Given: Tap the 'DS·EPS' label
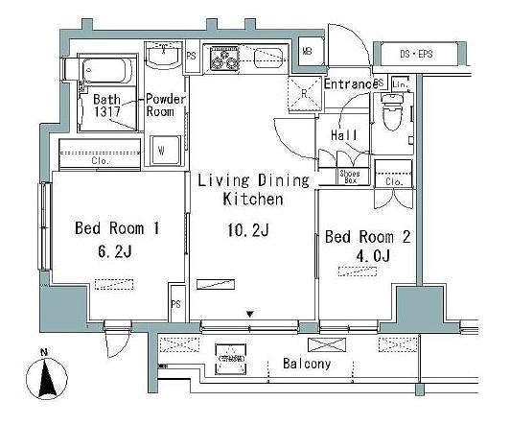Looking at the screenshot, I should coord(416,54).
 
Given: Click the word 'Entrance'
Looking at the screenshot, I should coord(351,84).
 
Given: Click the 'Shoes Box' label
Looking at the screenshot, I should coord(352,177).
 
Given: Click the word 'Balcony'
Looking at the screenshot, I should coord(307,365).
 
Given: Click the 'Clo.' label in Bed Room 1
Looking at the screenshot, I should coord(101,161).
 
